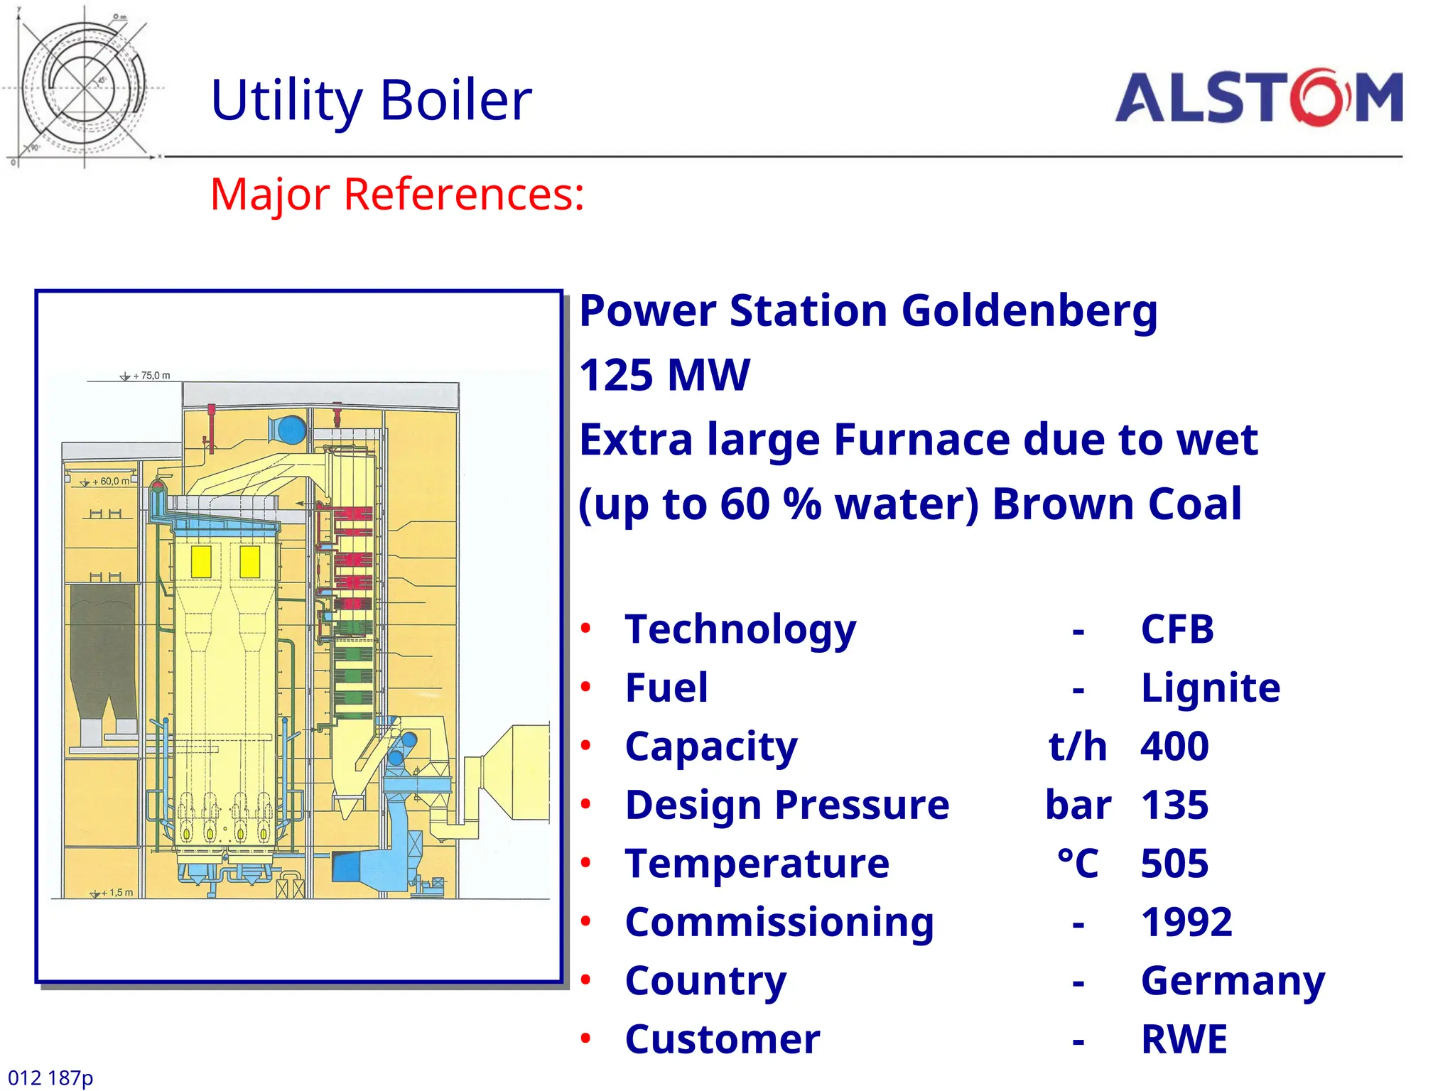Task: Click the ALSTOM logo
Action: (1258, 97)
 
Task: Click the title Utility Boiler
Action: (371, 100)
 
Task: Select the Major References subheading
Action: (397, 194)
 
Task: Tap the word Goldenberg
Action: (1029, 311)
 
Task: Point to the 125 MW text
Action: (664, 375)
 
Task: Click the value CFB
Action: (1177, 629)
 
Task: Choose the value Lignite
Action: (1210, 688)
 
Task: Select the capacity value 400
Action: (1174, 747)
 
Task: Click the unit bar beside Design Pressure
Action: (1078, 805)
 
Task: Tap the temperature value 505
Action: (1174, 864)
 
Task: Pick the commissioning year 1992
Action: (1186, 923)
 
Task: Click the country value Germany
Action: (1233, 981)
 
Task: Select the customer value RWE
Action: (1184, 1040)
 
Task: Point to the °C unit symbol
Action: (1078, 864)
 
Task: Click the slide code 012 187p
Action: (50, 1078)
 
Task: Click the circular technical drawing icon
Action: (84, 87)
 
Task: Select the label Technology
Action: (740, 629)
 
